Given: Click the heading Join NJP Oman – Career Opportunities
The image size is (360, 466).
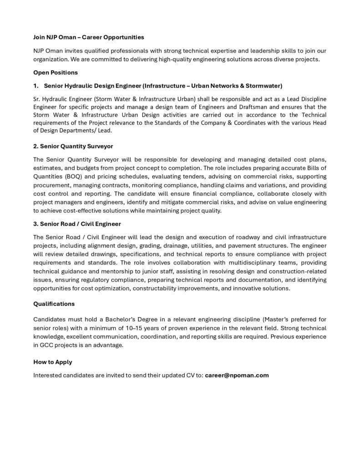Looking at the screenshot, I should coord(88,37).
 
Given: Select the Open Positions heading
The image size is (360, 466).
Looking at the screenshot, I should coord(56,72).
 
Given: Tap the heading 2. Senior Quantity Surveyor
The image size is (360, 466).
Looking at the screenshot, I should coord(73,146).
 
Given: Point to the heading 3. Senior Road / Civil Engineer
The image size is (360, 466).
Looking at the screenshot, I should coord(77,224).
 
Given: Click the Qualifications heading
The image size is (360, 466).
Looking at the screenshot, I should coord(54,304).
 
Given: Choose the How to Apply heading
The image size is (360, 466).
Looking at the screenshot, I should coord(53,362).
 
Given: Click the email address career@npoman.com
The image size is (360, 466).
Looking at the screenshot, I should coord(237,375).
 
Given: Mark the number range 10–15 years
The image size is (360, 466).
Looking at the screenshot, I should coord(125,328).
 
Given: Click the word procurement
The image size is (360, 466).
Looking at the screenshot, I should coord(51,185).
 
